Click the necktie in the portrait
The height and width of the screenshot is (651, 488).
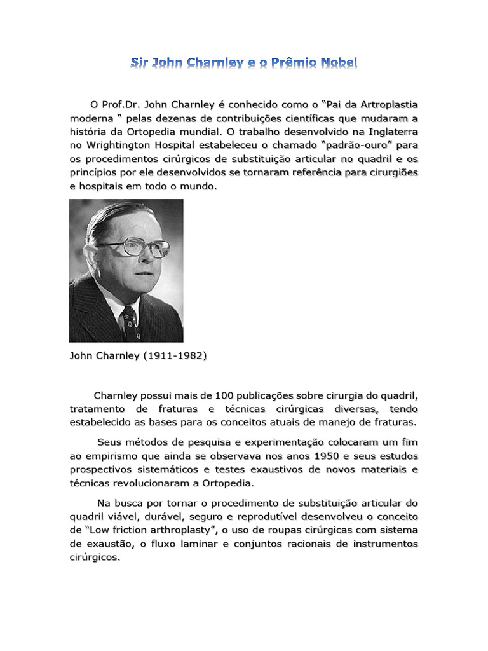click(x=130, y=321)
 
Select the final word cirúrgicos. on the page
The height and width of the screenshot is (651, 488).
click(x=95, y=558)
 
